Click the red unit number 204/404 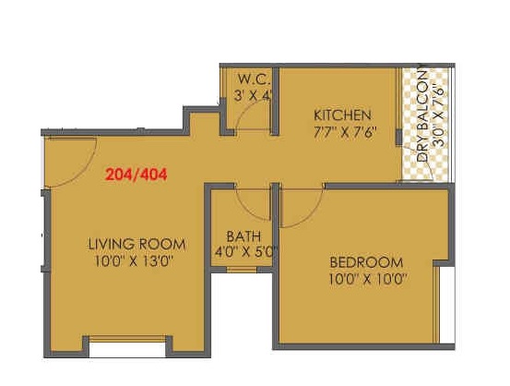(136, 175)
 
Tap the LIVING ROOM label (136, 245)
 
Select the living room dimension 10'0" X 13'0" (134, 261)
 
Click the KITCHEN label (342, 115)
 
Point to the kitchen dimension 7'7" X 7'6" (345, 133)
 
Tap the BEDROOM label (366, 262)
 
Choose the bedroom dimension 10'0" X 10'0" (368, 280)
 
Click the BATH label (243, 236)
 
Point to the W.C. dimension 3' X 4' (253, 96)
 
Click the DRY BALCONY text (422, 116)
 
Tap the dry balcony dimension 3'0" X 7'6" (438, 116)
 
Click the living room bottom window (127, 339)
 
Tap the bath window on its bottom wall (242, 270)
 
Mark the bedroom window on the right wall (437, 305)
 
